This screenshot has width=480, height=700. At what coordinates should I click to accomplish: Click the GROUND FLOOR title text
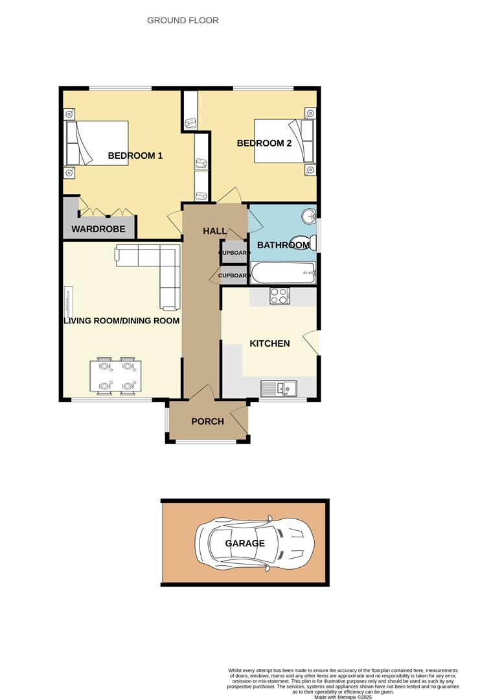coord(183,20)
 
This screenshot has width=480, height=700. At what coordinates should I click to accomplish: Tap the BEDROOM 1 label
coord(135,156)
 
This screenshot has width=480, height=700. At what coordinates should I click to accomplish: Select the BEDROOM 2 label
coord(264,143)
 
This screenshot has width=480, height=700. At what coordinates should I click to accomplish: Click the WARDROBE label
coord(98,229)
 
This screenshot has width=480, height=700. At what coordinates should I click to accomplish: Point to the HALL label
coord(214,231)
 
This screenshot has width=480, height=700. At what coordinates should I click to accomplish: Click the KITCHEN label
coord(269,344)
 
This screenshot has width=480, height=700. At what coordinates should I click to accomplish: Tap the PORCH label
coord(207,421)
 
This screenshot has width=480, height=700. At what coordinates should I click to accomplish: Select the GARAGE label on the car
coord(245,543)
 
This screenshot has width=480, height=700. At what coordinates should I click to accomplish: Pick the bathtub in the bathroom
coord(283,273)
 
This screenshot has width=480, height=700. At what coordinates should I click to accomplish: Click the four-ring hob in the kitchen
coord(279,296)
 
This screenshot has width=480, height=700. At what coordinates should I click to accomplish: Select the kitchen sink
coord(279,388)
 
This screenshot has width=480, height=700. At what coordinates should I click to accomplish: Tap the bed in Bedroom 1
coord(97,143)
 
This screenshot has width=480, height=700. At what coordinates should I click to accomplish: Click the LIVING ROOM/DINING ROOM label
coord(121,320)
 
